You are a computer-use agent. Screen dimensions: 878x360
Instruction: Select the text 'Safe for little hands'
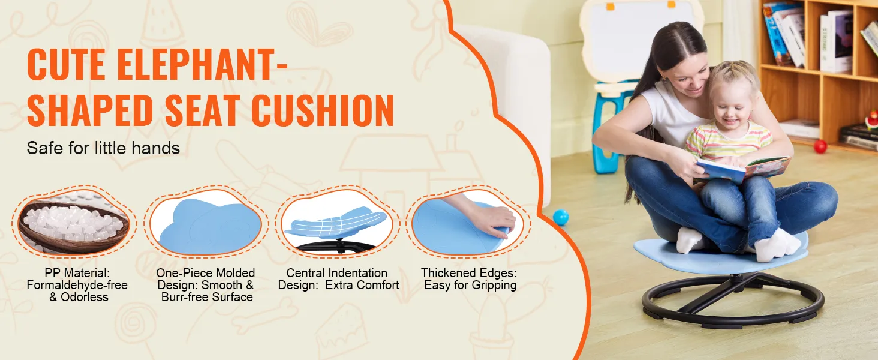point(103,148)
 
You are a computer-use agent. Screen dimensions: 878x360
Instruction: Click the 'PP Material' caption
point(77,285)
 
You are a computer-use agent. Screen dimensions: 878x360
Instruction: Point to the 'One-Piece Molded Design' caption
point(206,285)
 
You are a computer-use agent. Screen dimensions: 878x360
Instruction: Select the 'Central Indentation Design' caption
point(338,279)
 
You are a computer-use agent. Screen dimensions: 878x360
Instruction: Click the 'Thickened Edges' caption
point(469,279)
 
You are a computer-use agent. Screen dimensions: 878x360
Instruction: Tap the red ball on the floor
point(820,146)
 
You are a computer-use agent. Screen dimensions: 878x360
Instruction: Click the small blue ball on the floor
point(561,217)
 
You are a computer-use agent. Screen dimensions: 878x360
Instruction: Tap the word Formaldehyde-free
point(77,285)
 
